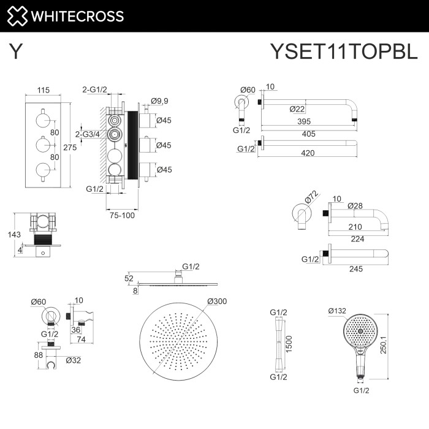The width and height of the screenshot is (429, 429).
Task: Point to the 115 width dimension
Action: pyautogui.click(x=43, y=90)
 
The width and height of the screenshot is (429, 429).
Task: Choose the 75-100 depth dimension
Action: pyautogui.click(x=122, y=214)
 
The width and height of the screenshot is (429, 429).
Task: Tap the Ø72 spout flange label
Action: pyautogui.click(x=312, y=196)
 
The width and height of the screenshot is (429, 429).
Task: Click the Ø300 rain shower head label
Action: pyautogui.click(x=218, y=301)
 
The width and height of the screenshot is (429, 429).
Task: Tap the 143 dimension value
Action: pyautogui.click(x=7, y=234)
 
